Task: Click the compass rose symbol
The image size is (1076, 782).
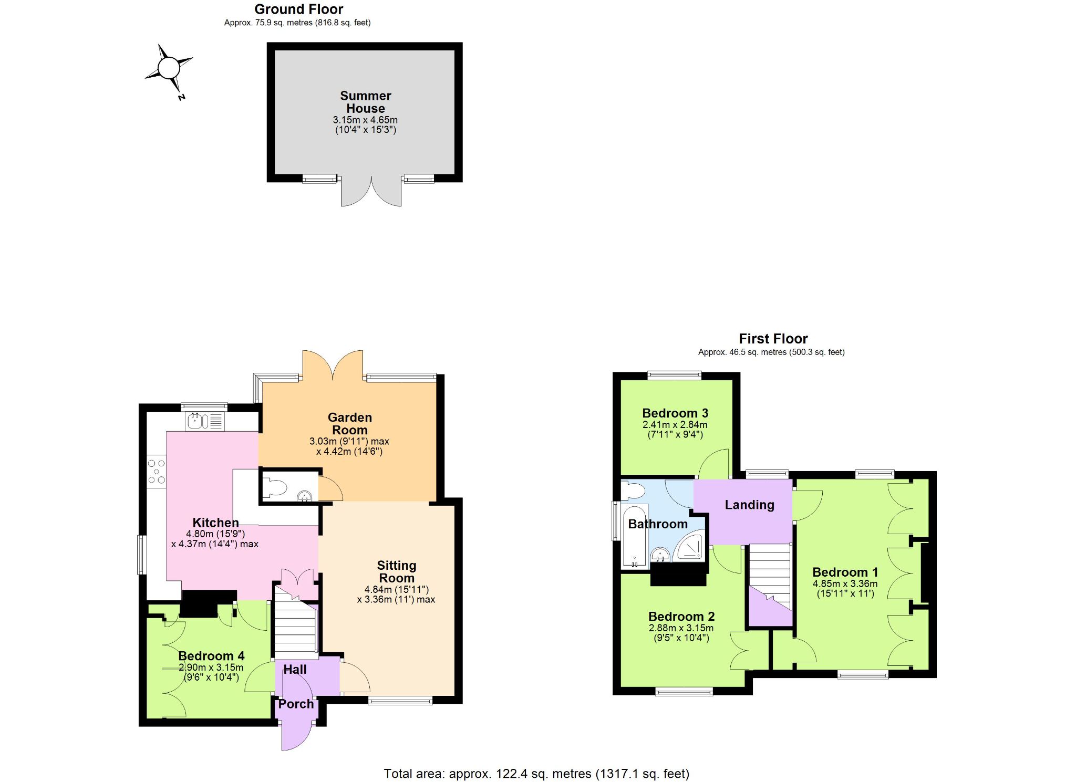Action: coord(169,69)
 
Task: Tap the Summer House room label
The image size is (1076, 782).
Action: coord(366,102)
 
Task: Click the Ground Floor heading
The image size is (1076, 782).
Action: coord(298,9)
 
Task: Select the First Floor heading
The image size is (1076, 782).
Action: coord(773,339)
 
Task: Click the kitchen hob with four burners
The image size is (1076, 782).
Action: coord(157,472)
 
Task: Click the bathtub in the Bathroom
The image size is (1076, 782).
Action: coord(635,536)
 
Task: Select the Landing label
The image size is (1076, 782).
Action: coord(749,505)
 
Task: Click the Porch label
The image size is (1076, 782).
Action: coord(296,704)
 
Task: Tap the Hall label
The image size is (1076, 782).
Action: coord(295,670)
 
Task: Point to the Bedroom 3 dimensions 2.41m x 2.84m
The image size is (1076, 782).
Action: coord(675,424)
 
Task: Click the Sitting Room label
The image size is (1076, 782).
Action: coord(397,571)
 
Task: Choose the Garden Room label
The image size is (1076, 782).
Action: coord(350,424)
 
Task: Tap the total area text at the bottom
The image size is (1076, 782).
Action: coord(536,774)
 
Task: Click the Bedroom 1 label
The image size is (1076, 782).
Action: coord(845,572)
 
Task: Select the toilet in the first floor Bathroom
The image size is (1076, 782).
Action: coord(633,491)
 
